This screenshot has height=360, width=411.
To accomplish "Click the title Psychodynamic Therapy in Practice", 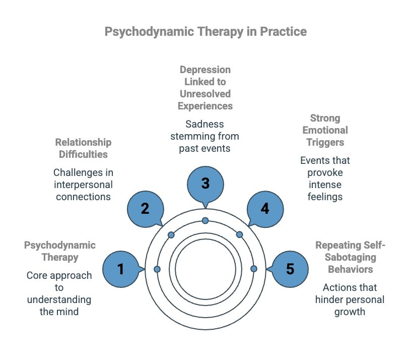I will [205, 31].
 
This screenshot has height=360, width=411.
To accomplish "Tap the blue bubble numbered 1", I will [121, 269].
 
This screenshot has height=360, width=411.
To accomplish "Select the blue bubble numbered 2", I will [145, 208].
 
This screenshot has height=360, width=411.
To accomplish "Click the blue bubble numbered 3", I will [205, 183].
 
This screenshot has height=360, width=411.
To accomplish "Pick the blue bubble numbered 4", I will [265, 208].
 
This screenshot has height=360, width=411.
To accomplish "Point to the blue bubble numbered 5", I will [290, 269].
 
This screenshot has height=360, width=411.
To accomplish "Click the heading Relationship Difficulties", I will [83, 148].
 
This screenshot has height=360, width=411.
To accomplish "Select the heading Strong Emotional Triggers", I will [325, 130].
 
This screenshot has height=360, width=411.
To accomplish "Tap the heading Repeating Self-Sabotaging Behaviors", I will [350, 257].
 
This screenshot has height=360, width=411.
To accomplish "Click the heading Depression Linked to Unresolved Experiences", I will [205, 88].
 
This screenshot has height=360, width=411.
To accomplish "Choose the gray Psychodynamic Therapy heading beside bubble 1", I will [59, 251].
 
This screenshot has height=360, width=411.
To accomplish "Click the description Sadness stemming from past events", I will [205, 136].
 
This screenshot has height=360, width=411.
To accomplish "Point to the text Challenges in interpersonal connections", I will [83, 185].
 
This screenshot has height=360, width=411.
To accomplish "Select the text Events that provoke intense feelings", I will [325, 178].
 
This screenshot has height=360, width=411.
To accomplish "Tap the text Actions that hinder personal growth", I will [350, 299].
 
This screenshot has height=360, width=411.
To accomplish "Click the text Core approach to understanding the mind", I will [59, 293].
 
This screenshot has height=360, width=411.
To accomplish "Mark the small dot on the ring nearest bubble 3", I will [205, 220].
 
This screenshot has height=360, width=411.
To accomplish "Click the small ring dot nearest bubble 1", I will [157, 269].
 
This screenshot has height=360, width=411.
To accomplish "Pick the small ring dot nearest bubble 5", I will [253, 269].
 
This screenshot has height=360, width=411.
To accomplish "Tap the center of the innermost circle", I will [205, 269].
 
